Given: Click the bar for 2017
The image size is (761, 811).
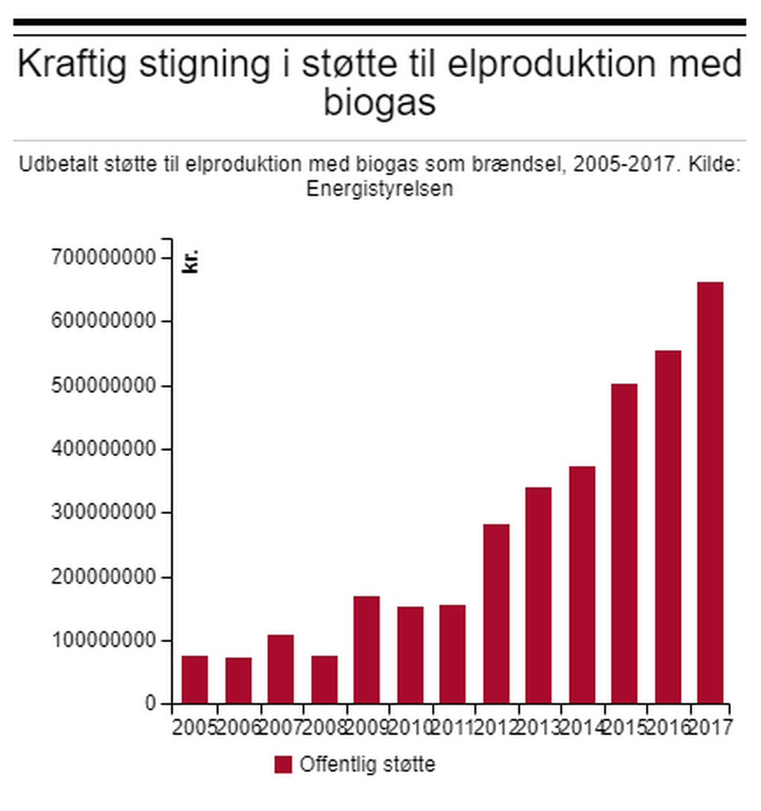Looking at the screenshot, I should coord(710,492).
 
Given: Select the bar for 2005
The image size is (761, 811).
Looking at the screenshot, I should coord(195,679).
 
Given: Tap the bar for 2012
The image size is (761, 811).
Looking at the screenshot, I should coord(495,613).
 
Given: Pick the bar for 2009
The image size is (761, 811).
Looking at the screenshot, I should coord(366,649).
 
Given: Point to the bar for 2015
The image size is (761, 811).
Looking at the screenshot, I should coord(624,544).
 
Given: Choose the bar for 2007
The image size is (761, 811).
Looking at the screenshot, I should coord(281,669).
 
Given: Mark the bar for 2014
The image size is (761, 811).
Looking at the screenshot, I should coord(581,584).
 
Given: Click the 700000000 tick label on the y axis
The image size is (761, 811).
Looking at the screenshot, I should coord(103,259).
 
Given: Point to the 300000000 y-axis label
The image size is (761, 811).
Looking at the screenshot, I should coord(103,513).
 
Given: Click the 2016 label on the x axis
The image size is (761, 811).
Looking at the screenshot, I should coord(667,726).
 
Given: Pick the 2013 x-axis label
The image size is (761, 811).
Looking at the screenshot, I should coord(538,726).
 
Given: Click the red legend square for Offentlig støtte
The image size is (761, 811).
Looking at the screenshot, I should coord(284,765).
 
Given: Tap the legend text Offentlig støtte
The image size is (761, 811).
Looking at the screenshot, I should coord(367,765).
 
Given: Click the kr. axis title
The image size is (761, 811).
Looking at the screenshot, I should coord(190,261).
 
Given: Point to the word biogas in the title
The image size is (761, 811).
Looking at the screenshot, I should coord(380,103).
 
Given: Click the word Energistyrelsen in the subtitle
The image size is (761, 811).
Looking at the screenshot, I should coord(380,190).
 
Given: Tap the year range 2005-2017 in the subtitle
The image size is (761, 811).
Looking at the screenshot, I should coord(624,167).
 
